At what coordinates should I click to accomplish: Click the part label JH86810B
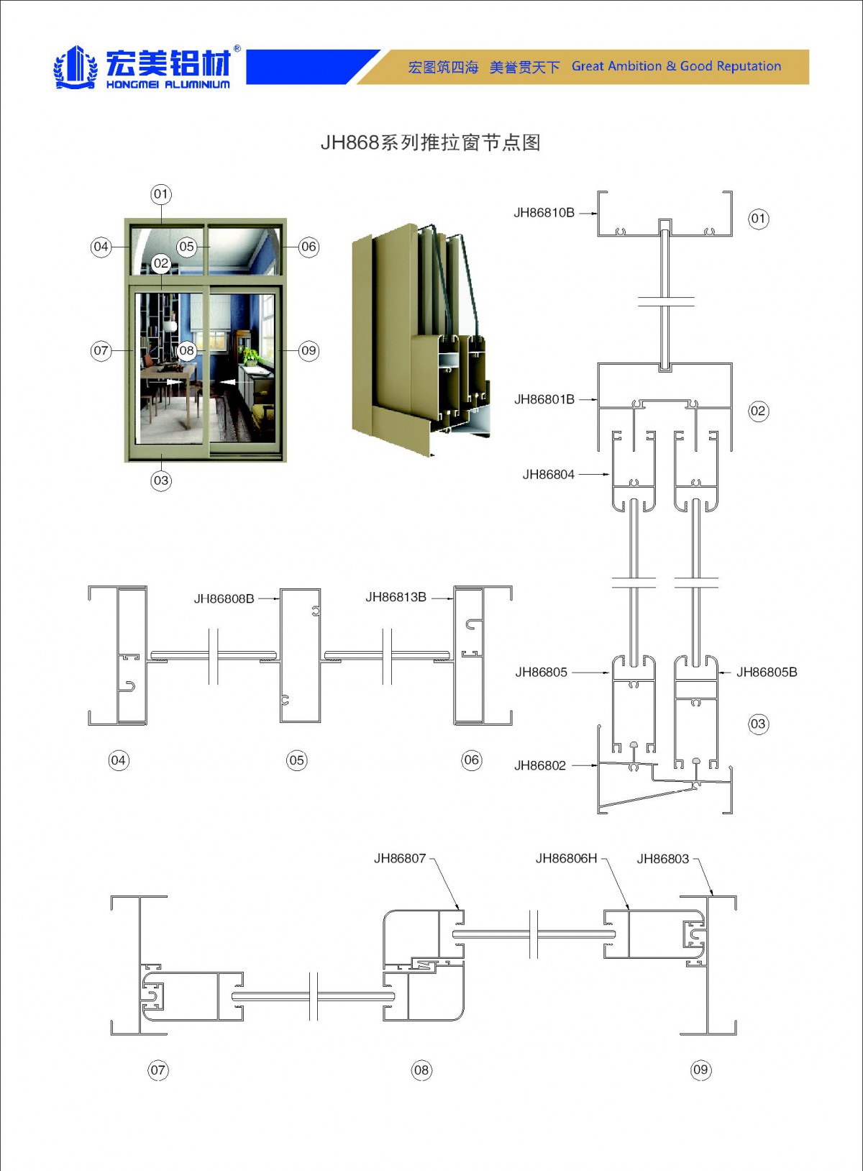(x=544, y=213)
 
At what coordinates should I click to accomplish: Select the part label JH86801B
(x=544, y=399)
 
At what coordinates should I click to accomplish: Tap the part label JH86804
(x=549, y=475)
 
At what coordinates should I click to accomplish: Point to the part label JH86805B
(x=767, y=673)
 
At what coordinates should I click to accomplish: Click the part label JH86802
(x=540, y=766)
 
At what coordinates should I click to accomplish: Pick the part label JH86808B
(x=224, y=598)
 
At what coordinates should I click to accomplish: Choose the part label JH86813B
(x=396, y=597)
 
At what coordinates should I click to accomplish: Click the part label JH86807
(x=400, y=858)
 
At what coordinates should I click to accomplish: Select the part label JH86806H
(x=566, y=858)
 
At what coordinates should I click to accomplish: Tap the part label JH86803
(x=662, y=859)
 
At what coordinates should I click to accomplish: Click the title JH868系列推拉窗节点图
(x=430, y=142)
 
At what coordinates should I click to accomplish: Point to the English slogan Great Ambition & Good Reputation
(x=676, y=66)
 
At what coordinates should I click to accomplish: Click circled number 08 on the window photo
(x=186, y=351)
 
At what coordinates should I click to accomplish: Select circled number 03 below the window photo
(x=161, y=480)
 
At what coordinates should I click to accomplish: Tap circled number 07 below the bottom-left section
(x=158, y=1070)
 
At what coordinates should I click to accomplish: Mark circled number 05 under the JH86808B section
(x=296, y=760)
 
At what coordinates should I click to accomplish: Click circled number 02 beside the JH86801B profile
(x=758, y=411)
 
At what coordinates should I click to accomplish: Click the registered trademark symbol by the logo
(x=237, y=50)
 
